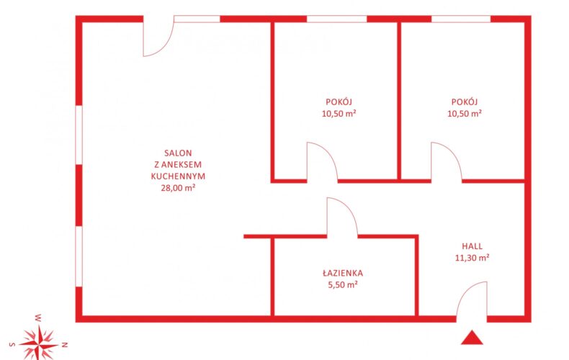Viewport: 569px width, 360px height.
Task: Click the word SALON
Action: (178, 153)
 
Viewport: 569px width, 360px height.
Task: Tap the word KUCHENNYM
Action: (178, 176)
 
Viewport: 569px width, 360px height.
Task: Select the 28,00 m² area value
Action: (178, 188)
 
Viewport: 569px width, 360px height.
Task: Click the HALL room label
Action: (472, 246)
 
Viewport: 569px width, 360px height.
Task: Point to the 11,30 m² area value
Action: (472, 258)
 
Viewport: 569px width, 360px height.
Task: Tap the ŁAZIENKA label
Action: (343, 273)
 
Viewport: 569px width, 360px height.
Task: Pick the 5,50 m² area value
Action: (343, 285)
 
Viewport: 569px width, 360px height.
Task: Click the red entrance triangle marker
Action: (472, 338)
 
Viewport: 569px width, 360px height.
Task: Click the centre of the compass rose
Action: (39, 343)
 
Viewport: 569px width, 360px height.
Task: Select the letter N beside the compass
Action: (65, 344)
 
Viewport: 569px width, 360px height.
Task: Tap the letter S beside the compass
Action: (12, 344)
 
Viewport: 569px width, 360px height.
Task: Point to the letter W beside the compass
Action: (38, 318)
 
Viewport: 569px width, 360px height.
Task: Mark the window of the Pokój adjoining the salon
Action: (337, 19)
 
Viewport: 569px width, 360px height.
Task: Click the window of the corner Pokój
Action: (461, 19)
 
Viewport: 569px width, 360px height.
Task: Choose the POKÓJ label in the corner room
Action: (465, 102)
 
